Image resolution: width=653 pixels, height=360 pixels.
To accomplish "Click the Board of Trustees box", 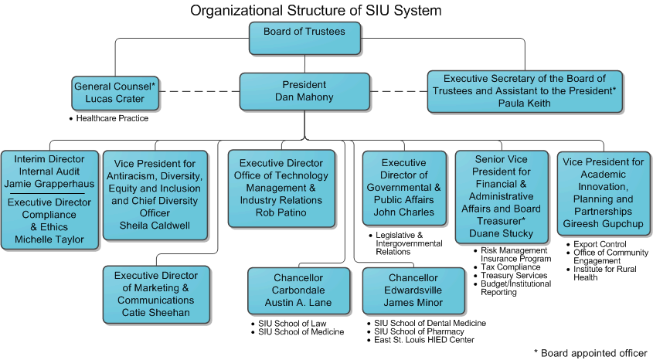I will (304, 38).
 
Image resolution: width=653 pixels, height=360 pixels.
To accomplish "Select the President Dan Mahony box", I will (304, 90).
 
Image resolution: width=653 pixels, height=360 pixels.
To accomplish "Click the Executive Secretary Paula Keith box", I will (525, 90).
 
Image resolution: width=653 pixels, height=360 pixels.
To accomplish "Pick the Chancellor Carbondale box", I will (298, 290).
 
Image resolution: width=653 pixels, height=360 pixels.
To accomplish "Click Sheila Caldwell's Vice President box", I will (155, 194).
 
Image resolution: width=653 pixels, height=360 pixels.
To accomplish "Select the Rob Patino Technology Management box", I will (281, 188).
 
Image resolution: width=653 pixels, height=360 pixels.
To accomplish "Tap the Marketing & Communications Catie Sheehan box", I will (156, 294).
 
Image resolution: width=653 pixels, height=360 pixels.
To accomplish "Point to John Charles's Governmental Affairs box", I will (404, 188).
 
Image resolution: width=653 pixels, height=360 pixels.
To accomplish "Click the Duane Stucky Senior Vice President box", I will (502, 197).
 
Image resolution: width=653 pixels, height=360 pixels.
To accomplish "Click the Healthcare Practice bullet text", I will (112, 118).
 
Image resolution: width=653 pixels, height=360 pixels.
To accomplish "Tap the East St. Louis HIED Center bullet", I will (424, 340).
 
